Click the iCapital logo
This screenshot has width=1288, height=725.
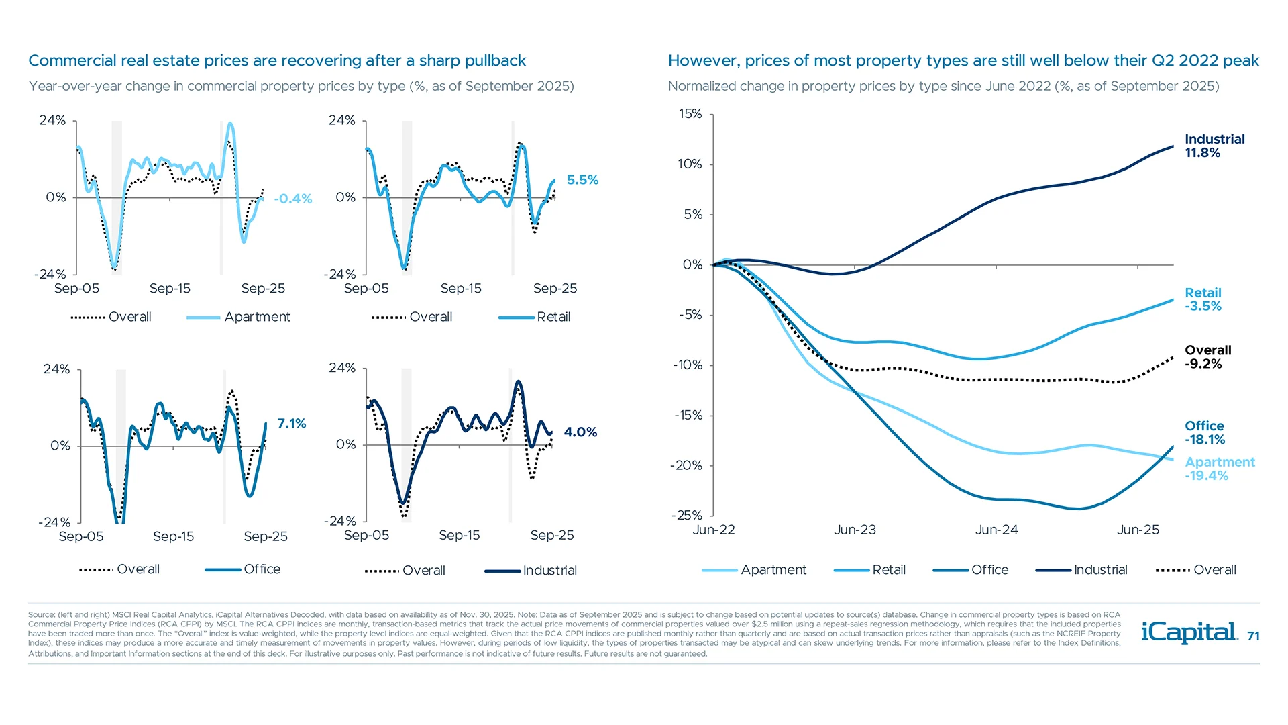1189,632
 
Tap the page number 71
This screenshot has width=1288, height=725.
1253,636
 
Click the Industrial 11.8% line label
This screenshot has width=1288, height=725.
1214,146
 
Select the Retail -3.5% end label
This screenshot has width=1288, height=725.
1203,299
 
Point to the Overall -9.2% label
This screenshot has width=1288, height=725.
1207,357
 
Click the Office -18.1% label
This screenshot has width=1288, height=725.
1204,433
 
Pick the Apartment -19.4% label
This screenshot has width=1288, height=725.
1219,469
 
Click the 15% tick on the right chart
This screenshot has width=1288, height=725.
690,114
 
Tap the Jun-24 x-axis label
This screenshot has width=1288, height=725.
996,530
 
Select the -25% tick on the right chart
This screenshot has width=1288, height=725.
686,516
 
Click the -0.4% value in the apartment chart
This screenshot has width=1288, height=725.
292,199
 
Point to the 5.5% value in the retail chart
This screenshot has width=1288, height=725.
582,180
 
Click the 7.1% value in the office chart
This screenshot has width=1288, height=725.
291,424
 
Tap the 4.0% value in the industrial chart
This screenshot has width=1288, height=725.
580,432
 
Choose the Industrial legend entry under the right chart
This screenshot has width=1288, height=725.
1100,570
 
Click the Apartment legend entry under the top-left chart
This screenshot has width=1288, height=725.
257,317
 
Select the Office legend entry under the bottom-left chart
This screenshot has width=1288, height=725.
262,569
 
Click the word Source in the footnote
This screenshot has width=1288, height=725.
41,614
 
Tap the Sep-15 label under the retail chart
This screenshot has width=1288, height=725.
461,289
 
